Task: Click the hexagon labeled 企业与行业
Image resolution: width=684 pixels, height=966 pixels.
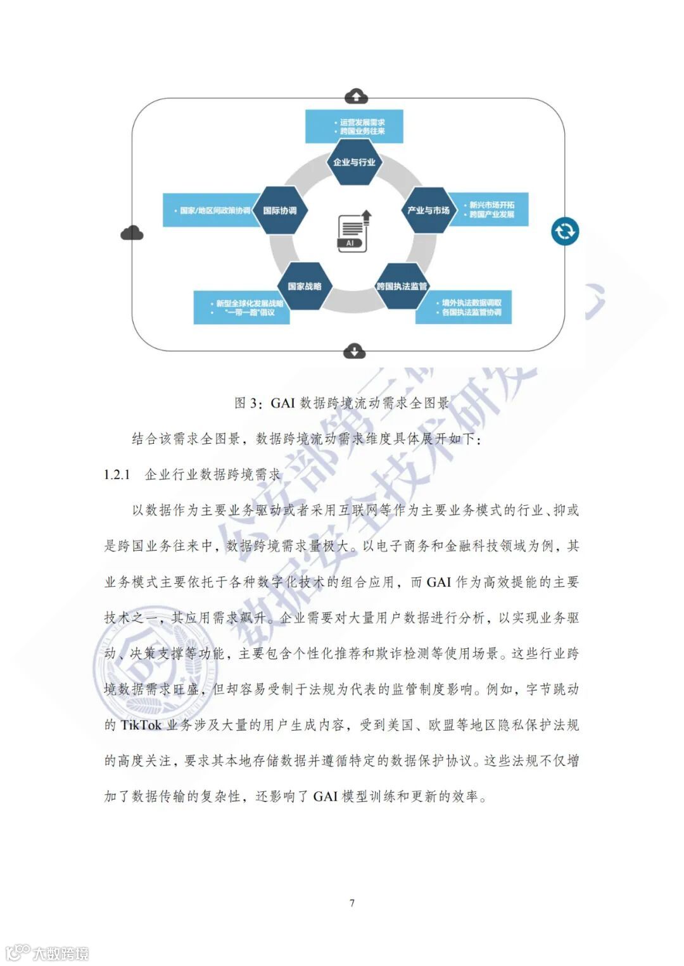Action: (x=354, y=163)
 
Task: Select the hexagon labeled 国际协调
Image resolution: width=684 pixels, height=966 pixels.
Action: (x=280, y=210)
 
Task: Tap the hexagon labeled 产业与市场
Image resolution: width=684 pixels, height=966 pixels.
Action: (x=428, y=210)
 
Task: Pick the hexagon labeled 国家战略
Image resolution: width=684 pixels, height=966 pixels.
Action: (x=305, y=286)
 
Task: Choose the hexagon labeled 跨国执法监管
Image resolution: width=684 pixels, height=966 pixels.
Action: (x=402, y=286)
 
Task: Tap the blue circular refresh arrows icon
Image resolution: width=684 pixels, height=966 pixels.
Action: (x=564, y=231)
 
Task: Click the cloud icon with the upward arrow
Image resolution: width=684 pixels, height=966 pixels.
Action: (x=356, y=96)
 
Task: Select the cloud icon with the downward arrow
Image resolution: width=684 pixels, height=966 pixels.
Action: (x=354, y=351)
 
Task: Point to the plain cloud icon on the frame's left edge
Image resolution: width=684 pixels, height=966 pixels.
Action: (x=132, y=233)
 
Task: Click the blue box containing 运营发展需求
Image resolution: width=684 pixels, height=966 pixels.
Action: (x=354, y=127)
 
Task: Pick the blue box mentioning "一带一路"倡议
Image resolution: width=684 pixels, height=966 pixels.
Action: (x=241, y=308)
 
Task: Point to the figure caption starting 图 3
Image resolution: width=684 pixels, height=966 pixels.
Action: (x=341, y=403)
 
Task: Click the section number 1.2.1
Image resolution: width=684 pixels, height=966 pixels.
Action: (x=117, y=475)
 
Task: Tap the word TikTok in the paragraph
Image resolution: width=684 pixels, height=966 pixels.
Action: (x=141, y=725)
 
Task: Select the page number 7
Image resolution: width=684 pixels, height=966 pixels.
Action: (x=352, y=903)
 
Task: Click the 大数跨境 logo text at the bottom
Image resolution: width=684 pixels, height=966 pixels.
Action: (x=60, y=953)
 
